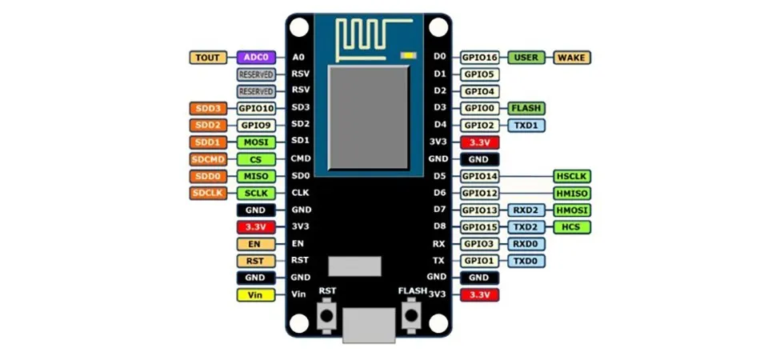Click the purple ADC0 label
[256, 58]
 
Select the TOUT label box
[209, 58]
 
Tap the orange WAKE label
[572, 58]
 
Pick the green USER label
[526, 58]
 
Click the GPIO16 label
[480, 58]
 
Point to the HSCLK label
[572, 176]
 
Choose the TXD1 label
[526, 126]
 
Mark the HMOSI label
[572, 210]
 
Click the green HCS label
[572, 227]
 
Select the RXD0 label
[526, 244]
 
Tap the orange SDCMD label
[209, 159]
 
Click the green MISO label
[256, 176]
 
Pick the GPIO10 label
[256, 109]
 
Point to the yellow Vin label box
[256, 295]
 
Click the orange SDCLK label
[209, 194]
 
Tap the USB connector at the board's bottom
[369, 326]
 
